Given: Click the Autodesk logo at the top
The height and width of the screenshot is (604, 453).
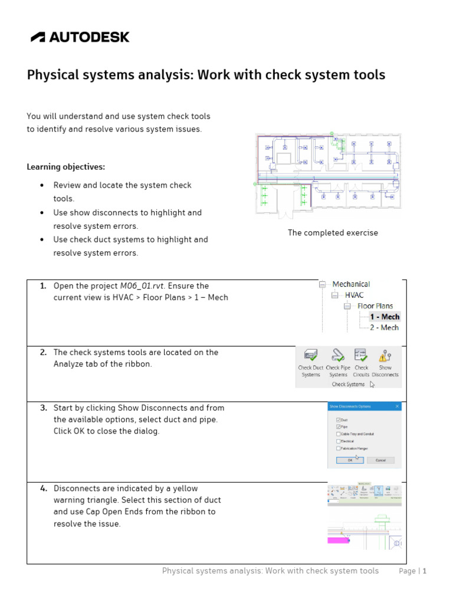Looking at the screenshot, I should pyautogui.click(x=80, y=37).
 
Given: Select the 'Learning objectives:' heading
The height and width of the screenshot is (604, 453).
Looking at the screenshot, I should pyautogui.click(x=66, y=167).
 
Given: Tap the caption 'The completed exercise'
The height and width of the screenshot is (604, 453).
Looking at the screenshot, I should pyautogui.click(x=333, y=233).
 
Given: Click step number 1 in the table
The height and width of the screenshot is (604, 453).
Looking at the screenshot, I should pyautogui.click(x=43, y=286).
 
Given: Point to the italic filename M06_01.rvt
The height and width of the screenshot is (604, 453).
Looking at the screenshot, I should pyautogui.click(x=142, y=286).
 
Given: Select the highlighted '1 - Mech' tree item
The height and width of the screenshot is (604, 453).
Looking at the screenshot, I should pyautogui.click(x=385, y=317).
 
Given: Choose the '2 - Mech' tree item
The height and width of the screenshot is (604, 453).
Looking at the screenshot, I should pyautogui.click(x=384, y=327).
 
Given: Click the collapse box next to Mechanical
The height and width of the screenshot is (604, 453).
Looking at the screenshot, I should pyautogui.click(x=323, y=284).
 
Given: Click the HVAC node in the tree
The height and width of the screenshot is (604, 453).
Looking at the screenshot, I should pyautogui.click(x=354, y=295).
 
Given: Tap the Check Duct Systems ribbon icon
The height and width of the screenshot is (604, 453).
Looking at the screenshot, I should pyautogui.click(x=310, y=356).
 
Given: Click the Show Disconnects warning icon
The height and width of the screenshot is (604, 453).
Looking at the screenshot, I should pyautogui.click(x=385, y=356).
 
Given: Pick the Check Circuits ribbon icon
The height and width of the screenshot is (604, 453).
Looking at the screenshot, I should pyautogui.click(x=361, y=355).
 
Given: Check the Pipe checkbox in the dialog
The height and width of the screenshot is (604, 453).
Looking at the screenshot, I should pyautogui.click(x=338, y=426).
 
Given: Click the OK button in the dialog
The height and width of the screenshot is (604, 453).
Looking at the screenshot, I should pyautogui.click(x=350, y=460).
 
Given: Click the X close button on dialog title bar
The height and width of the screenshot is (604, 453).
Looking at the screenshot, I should pyautogui.click(x=397, y=406).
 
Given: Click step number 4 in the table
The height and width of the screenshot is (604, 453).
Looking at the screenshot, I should pyautogui.click(x=43, y=488).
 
